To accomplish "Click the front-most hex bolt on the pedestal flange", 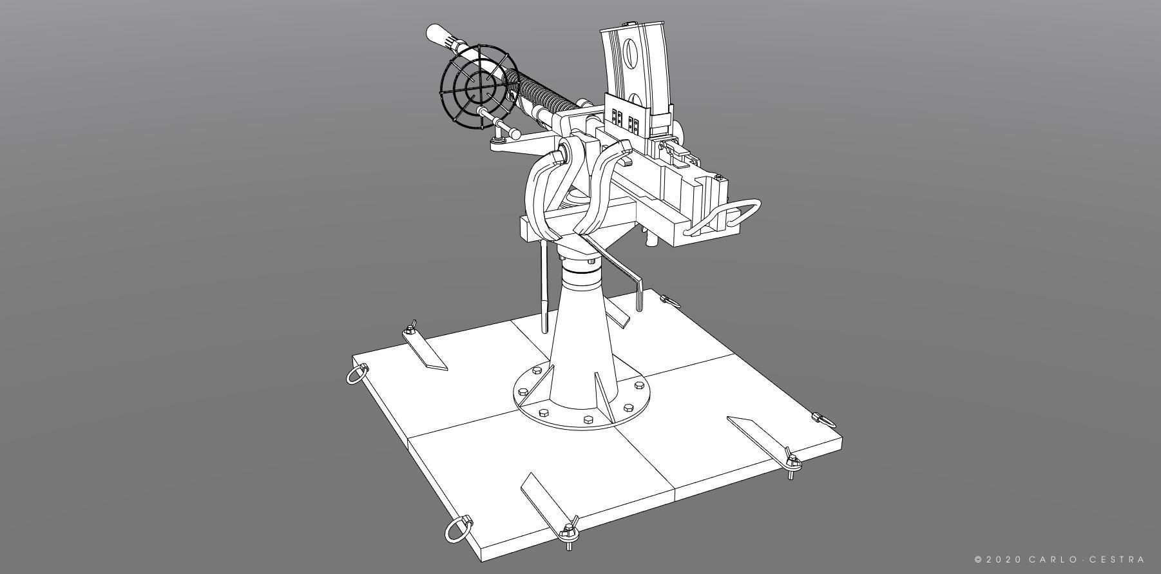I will [588, 419].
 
